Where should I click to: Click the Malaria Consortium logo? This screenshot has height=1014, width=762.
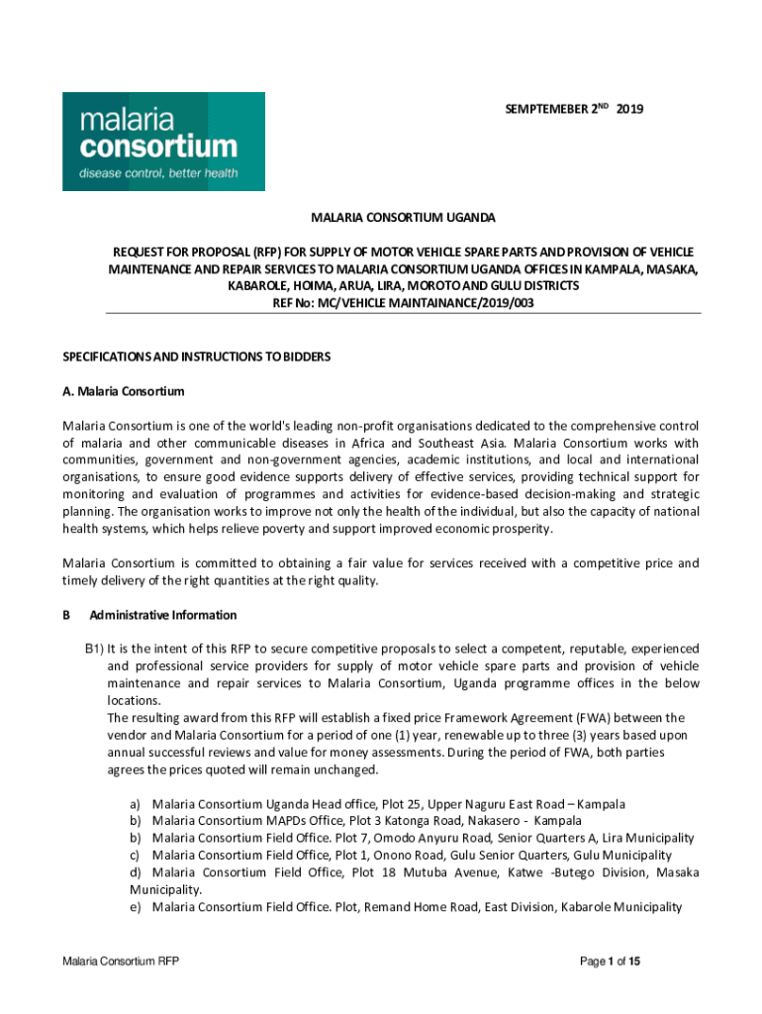click(x=163, y=142)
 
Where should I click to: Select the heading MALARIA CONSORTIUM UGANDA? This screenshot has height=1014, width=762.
click(x=404, y=217)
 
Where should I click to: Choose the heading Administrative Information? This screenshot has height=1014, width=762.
click(x=163, y=615)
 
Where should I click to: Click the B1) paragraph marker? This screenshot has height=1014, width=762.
click(x=94, y=649)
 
